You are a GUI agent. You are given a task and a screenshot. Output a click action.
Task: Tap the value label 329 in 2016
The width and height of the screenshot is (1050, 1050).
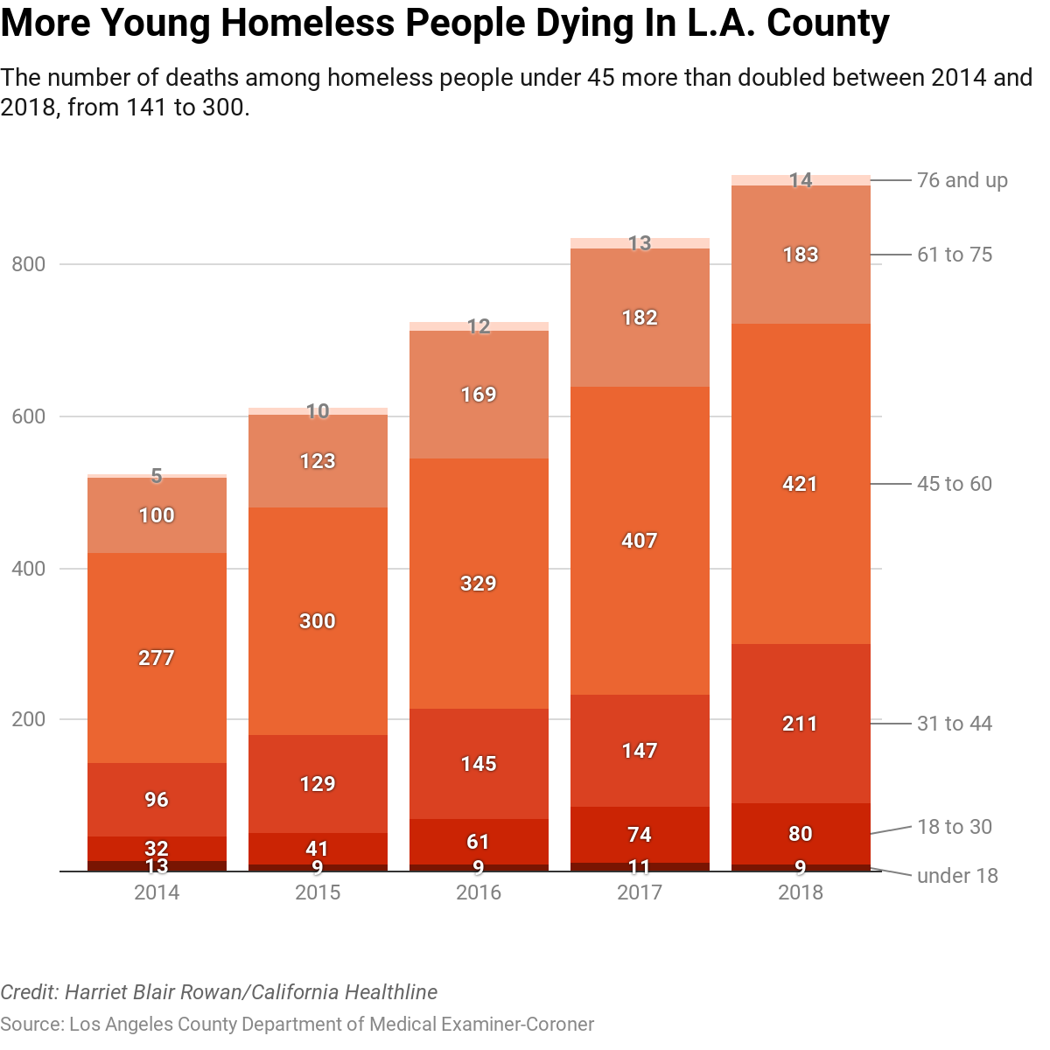(479, 584)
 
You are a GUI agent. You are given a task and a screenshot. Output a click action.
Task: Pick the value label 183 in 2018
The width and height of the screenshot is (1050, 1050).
(801, 255)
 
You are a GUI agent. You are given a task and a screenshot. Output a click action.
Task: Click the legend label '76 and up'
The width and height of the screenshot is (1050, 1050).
(962, 180)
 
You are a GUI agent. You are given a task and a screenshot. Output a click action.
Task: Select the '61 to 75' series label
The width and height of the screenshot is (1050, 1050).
(954, 255)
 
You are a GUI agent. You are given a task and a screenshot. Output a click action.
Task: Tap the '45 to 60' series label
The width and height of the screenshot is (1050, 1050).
(954, 484)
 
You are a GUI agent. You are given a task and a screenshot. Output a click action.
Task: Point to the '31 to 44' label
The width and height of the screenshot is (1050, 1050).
(954, 724)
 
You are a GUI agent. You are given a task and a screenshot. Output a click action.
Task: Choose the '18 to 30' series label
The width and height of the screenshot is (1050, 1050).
(954, 827)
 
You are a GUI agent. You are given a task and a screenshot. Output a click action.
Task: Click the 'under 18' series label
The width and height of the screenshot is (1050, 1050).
(956, 876)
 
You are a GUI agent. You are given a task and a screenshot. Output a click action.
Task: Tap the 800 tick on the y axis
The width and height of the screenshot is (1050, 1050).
(29, 264)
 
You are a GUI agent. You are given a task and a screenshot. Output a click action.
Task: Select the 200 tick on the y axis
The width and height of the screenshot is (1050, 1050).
(29, 719)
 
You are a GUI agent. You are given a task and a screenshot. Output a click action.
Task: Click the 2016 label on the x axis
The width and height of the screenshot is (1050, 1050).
(479, 892)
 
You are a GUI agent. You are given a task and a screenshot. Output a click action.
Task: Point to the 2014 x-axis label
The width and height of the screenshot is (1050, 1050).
(157, 892)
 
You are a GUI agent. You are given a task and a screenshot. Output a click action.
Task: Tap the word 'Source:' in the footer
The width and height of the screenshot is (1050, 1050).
(31, 1024)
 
